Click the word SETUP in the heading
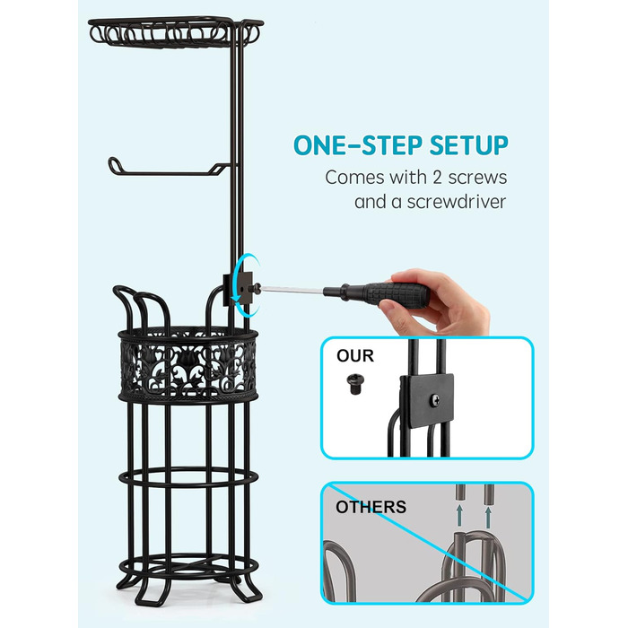tap(469, 145)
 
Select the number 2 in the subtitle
tap(438, 178)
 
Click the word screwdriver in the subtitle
tap(456, 202)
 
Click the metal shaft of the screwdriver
tap(292, 289)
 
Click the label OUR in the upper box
tap(355, 355)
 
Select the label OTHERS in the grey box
tap(371, 507)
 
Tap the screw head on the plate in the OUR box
tap(434, 399)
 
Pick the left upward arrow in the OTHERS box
tap(459, 516)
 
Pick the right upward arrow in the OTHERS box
tap(487, 517)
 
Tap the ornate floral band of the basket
tap(188, 364)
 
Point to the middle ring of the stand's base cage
tap(188, 478)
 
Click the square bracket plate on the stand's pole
tap(238, 288)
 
